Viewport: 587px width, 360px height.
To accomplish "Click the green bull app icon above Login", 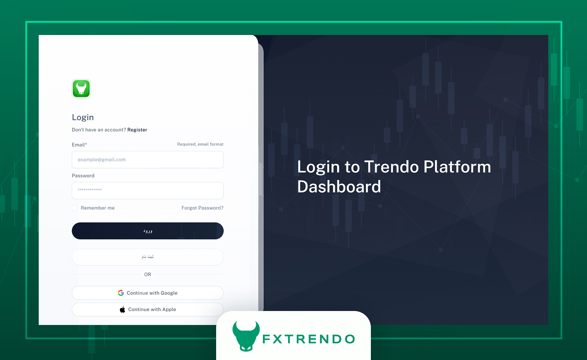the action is click(x=81, y=88).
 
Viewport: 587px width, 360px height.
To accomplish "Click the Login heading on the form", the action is click(x=83, y=117).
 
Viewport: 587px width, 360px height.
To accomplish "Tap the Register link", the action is click(x=137, y=130).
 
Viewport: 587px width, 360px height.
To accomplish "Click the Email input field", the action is click(x=148, y=160).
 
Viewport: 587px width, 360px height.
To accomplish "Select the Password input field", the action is click(x=148, y=190).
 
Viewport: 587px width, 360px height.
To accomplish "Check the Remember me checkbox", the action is click(x=75, y=208).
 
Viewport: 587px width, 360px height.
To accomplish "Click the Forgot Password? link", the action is click(x=202, y=208).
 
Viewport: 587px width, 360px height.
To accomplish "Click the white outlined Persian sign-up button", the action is click(x=148, y=257).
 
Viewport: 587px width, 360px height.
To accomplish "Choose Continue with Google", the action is click(x=148, y=293).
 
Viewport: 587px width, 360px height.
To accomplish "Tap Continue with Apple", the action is click(x=148, y=309).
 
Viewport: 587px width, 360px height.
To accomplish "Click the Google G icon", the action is click(x=121, y=293).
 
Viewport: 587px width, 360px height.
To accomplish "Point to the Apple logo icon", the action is click(x=122, y=309).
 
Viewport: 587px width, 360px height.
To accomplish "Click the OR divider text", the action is click(x=148, y=274).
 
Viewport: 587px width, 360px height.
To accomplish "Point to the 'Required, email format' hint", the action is click(x=200, y=144).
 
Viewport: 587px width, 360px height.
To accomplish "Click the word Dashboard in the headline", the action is click(x=339, y=186).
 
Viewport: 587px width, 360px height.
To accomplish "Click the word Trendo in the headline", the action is click(x=392, y=167).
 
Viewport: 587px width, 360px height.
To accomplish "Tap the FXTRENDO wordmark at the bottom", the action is click(x=309, y=339).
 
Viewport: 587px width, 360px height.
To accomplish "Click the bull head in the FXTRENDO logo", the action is click(x=246, y=336).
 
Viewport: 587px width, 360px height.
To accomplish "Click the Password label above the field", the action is click(x=83, y=176).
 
